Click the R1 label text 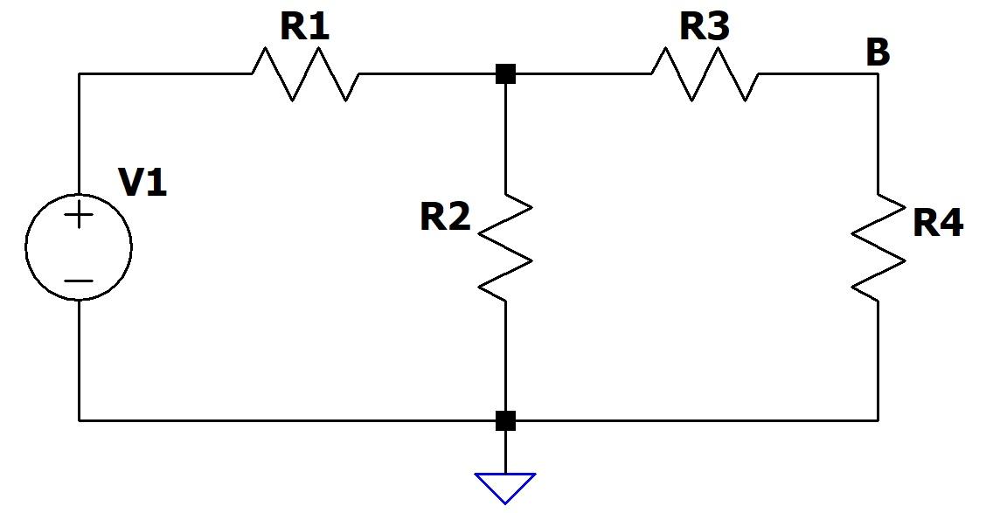pos(305,28)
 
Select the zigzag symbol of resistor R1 pos(305,74)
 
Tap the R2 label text pos(445,217)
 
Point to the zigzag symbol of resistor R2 pos(505,246)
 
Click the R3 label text pos(705,28)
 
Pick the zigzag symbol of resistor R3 pos(705,74)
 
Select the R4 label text pos(938,224)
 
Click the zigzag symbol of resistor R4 pos(878,247)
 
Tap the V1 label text pos(142,184)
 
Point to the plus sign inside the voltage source pos(79,215)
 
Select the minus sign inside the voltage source pos(79,281)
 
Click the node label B pos(878,53)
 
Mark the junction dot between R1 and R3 pos(505,74)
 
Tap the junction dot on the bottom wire pos(505,420)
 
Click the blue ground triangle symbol pos(505,486)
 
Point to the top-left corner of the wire pos(79,74)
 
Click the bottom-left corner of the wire pos(79,420)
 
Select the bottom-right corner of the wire pos(878,420)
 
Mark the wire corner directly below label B pos(878,74)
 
